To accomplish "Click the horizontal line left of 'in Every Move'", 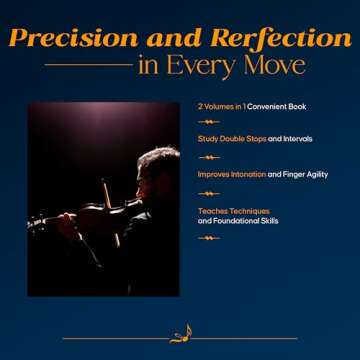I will click(88, 66).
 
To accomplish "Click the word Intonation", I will click(247, 174).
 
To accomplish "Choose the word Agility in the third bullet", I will click(325, 174).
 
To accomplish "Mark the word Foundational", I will click(240, 220).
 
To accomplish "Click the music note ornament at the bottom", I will click(181, 335).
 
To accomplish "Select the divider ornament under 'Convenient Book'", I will click(211, 122).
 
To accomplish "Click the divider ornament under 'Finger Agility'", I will click(211, 190).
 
